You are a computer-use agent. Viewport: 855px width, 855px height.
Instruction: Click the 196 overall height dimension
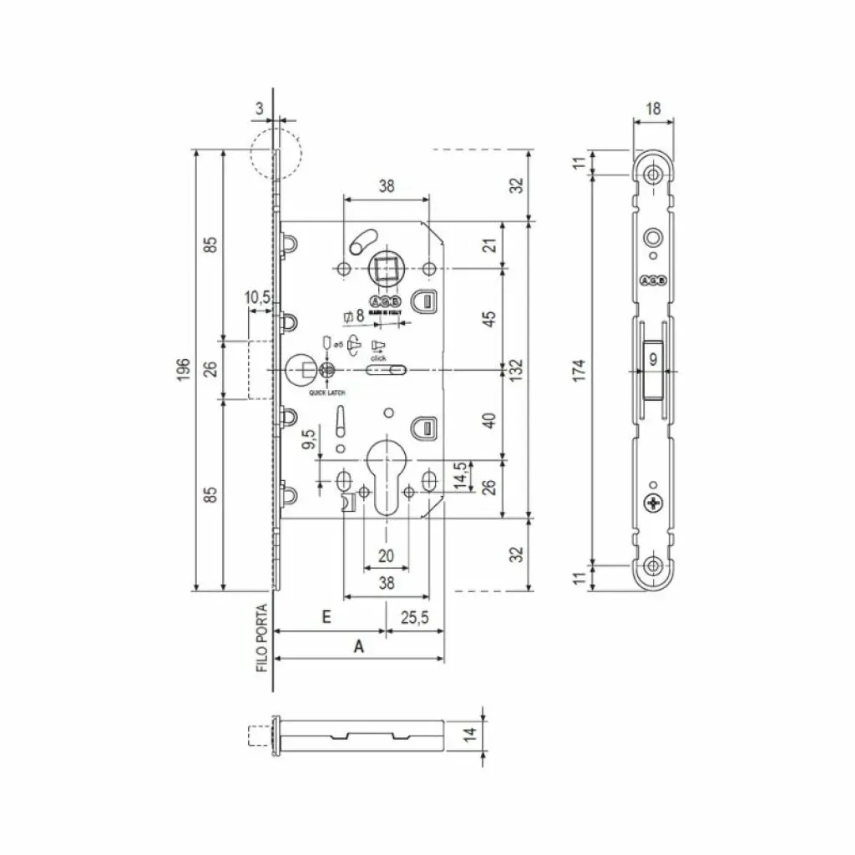tap(185, 368)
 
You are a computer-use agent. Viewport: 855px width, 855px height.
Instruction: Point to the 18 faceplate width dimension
tap(654, 108)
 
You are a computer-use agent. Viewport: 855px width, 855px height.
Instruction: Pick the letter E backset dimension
tap(327, 617)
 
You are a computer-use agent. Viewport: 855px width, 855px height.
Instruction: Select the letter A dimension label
tap(359, 645)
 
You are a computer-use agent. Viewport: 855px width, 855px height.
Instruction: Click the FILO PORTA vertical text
tap(261, 639)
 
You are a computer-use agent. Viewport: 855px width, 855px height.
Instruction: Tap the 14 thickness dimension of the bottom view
tap(470, 735)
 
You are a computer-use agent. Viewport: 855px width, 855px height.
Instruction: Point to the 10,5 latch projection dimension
tap(257, 298)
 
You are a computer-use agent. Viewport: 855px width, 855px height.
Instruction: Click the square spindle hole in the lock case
tap(386, 269)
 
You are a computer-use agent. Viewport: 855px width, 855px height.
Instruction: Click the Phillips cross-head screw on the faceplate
tap(654, 503)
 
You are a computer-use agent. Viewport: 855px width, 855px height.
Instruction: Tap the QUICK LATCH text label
tap(327, 392)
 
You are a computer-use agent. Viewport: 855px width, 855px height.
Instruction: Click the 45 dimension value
tap(490, 318)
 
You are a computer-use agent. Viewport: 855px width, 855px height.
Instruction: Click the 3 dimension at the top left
tap(260, 108)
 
